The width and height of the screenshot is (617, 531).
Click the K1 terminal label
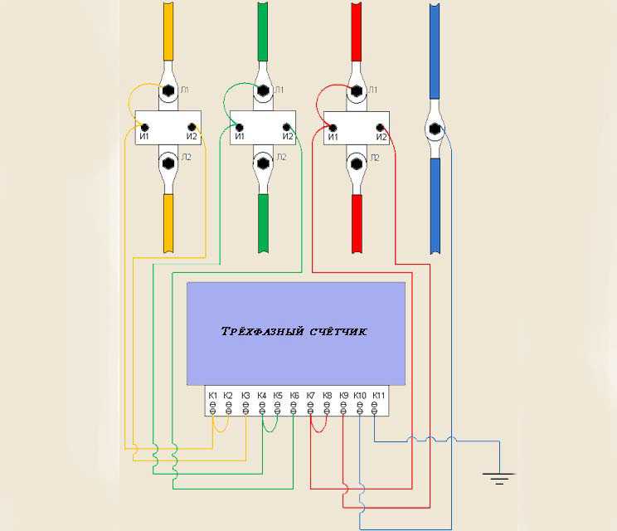(212, 395)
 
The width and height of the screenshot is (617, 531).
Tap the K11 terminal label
(378, 395)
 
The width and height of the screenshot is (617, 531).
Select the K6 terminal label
(294, 395)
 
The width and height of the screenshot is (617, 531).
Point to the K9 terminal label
(343, 395)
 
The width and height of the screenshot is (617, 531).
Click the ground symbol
(499, 478)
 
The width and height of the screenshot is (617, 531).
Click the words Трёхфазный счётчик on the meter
(294, 331)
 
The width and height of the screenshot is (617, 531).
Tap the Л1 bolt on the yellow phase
(168, 90)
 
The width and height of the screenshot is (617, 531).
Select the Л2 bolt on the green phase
(262, 163)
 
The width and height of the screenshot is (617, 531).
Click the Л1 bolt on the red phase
(356, 90)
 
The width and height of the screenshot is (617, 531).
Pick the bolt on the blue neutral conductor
(435, 129)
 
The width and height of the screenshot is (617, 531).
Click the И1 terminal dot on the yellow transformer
(145, 128)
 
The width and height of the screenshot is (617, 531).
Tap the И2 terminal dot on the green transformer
(286, 127)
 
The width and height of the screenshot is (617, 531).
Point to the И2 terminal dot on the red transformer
(380, 128)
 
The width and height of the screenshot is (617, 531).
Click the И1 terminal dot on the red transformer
(333, 128)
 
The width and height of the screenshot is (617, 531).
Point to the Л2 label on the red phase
(375, 158)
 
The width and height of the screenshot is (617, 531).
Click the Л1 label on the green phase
(279, 90)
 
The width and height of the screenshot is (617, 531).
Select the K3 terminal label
(245, 395)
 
